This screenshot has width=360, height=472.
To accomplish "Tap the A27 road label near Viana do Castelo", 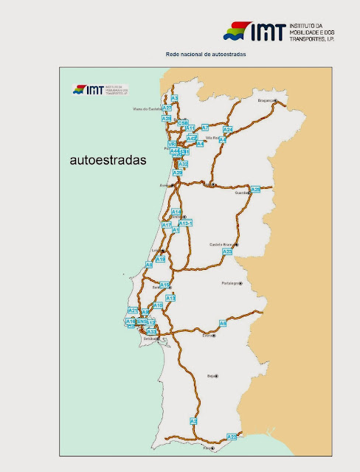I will click(x=167, y=108).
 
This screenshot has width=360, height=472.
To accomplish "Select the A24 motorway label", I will click(x=228, y=130).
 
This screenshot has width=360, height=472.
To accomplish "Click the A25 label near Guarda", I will click(x=255, y=190).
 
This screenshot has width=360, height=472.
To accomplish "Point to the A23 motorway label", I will click(x=227, y=251).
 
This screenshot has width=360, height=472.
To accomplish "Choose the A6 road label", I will click(x=224, y=324).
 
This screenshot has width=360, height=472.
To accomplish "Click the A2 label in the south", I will click(x=193, y=421).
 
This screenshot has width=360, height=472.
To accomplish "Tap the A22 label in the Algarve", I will click(x=232, y=437).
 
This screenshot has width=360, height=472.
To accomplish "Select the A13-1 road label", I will click(x=186, y=223).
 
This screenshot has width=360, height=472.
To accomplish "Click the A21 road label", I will click(x=133, y=310).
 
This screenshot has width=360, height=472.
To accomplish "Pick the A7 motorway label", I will click(x=205, y=128).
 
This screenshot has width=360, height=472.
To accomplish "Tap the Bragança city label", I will click(x=266, y=100).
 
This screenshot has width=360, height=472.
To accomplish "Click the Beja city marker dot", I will click(x=216, y=375).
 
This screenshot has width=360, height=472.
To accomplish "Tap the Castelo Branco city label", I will click(x=221, y=244).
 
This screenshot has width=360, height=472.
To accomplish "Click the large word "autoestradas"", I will click(x=108, y=158).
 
